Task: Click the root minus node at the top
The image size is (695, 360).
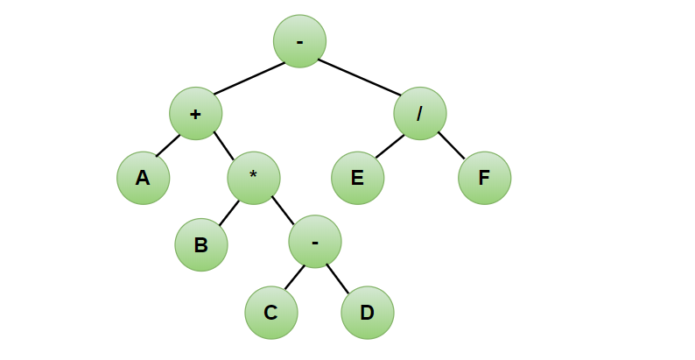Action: [x=299, y=41]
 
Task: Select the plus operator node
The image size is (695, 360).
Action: [x=195, y=113]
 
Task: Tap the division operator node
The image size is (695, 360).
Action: [x=420, y=113]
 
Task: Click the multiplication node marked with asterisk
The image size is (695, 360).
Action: [x=254, y=176]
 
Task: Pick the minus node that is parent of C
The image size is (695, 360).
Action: [x=315, y=241]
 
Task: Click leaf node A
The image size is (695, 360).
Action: [x=143, y=178]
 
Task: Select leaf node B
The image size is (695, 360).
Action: [x=200, y=244]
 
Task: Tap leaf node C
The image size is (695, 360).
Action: [x=270, y=312]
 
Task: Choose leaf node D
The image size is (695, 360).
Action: [x=368, y=312]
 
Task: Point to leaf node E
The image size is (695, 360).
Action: [x=357, y=178]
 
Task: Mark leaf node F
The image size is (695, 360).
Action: [x=484, y=178]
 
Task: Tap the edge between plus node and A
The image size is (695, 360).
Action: [x=168, y=146]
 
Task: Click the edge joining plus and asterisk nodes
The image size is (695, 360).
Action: [x=224, y=145]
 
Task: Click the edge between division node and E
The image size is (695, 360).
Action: [x=390, y=146]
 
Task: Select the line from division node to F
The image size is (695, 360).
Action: [x=452, y=145]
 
